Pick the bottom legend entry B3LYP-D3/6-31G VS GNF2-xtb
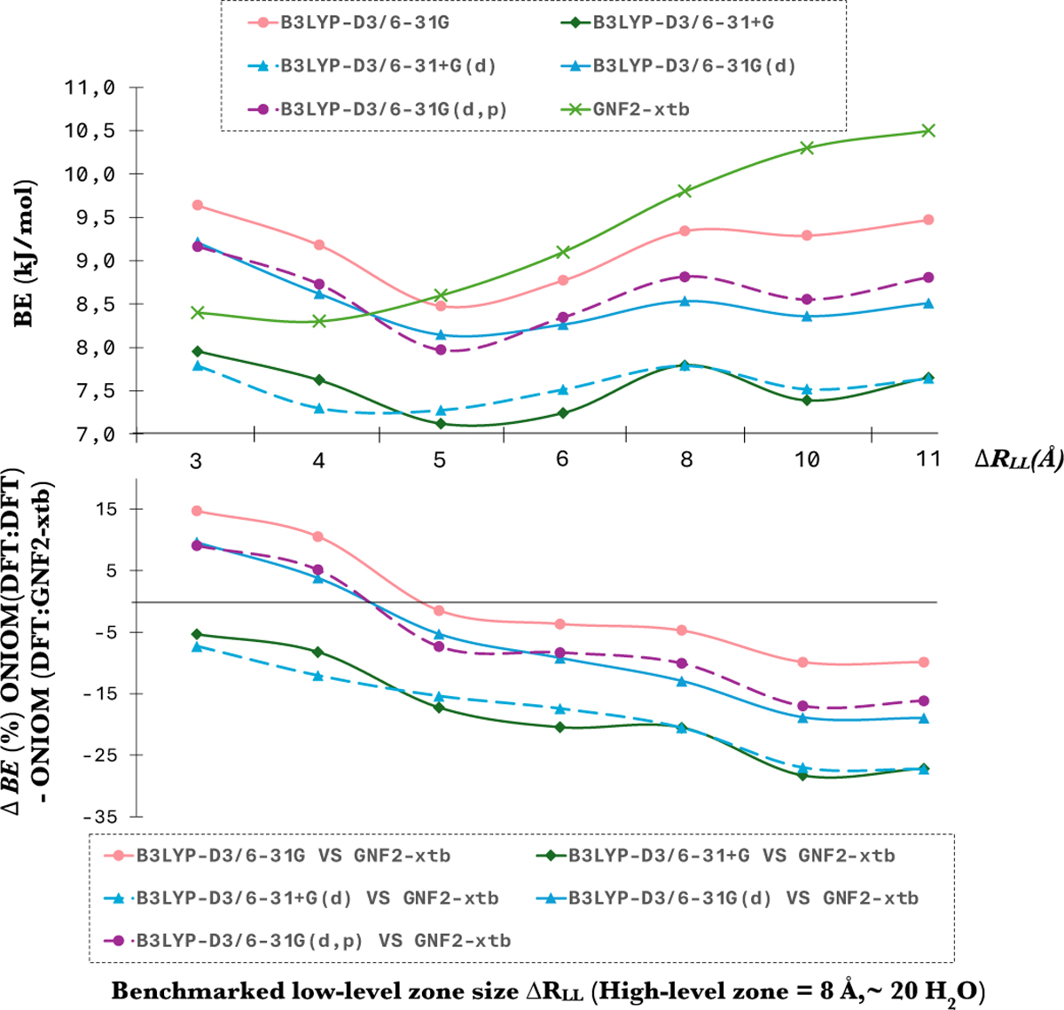coord(293,856)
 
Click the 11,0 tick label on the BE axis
coord(92,88)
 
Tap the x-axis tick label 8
coord(686,459)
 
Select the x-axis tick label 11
coord(927,459)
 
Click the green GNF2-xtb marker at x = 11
coord(928,130)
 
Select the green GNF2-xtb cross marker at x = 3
coord(197,312)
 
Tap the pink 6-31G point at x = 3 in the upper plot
coord(198,205)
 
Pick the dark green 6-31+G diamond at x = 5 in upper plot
coord(441,424)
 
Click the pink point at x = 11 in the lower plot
coord(924,662)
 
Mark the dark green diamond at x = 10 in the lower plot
coord(803,775)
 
